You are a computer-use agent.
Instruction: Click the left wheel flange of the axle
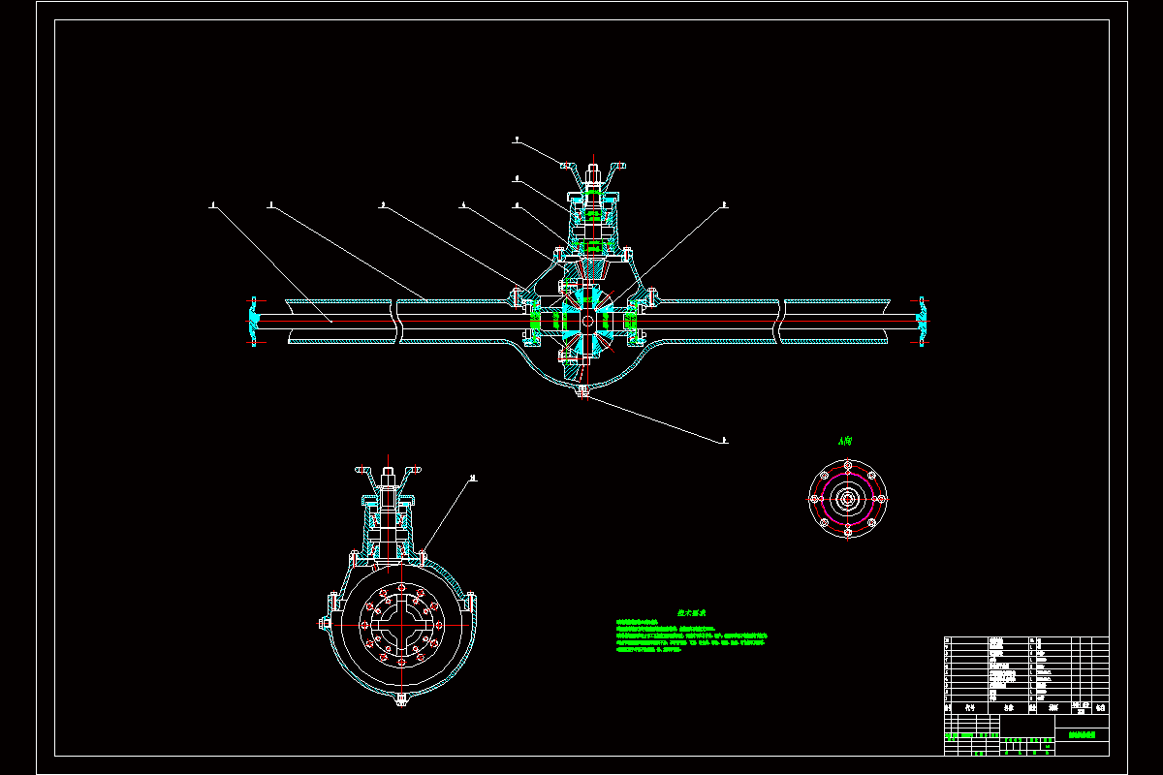pyautogui.click(x=255, y=322)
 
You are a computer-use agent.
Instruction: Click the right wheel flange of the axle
pyautogui.click(x=922, y=322)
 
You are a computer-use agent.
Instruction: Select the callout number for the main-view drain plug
pyautogui.click(x=723, y=440)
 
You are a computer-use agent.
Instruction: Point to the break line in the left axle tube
pyautogui.click(x=396, y=322)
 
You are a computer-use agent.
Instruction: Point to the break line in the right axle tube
pyautogui.click(x=781, y=322)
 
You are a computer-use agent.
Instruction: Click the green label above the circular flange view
pyautogui.click(x=846, y=441)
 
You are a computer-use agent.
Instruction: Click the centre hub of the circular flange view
pyautogui.click(x=848, y=500)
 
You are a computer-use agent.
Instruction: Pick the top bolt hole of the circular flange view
pyautogui.click(x=848, y=466)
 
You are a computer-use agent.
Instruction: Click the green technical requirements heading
pyautogui.click(x=691, y=613)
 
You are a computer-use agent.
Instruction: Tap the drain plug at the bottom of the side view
pyautogui.click(x=401, y=699)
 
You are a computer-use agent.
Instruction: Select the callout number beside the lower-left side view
pyautogui.click(x=474, y=478)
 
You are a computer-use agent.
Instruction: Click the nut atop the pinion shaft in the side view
pyautogui.click(x=389, y=478)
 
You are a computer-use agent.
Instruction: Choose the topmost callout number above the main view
pyautogui.click(x=518, y=140)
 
